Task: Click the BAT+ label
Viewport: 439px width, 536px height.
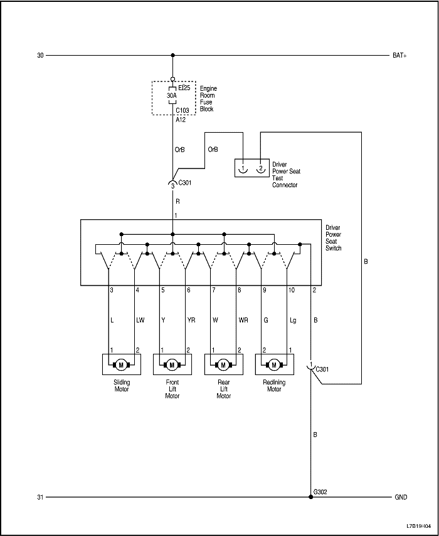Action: click(399, 56)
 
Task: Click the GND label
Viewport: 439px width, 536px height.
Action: click(401, 498)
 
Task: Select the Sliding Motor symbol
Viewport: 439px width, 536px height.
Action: click(121, 364)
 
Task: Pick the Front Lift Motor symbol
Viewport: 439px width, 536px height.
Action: click(172, 364)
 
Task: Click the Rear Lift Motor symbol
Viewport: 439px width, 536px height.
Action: click(223, 364)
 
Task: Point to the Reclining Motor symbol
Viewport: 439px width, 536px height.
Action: click(274, 364)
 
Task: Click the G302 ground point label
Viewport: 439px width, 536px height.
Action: click(320, 492)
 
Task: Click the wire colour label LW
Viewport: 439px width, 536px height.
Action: click(140, 320)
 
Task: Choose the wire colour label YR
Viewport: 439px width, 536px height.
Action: click(191, 320)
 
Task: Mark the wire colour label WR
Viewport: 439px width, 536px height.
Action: click(243, 320)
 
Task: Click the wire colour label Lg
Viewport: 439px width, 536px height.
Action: click(294, 320)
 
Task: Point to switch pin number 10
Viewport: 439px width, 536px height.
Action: click(291, 291)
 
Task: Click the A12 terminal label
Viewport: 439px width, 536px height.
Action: click(180, 119)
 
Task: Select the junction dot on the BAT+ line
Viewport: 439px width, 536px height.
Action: click(172, 56)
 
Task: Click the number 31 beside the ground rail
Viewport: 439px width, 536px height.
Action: click(40, 498)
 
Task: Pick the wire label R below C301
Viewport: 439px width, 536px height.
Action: click(177, 202)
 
